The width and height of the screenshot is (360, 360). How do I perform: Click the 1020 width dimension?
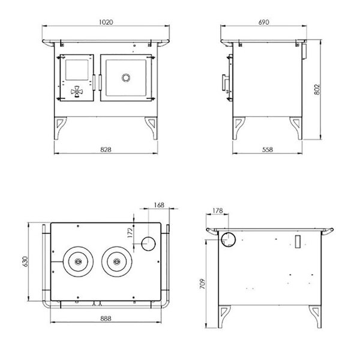[x=106, y=22]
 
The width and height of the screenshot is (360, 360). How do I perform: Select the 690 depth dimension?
[x=263, y=22]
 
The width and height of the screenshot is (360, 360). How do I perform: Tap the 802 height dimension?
[x=317, y=89]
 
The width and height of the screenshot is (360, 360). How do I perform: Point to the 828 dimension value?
[x=106, y=149]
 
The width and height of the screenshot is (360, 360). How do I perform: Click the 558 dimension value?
[x=268, y=149]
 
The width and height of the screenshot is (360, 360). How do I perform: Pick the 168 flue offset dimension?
[x=159, y=205]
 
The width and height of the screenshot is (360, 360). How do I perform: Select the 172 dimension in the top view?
[x=130, y=233]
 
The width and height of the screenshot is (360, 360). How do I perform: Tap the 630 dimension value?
[x=25, y=261]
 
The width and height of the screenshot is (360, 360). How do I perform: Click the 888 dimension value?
[x=106, y=319]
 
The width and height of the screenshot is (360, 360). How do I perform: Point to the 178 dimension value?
[x=218, y=211]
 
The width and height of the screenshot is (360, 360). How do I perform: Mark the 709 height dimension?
[x=202, y=284]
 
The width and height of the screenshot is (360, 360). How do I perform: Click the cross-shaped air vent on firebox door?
[x=77, y=92]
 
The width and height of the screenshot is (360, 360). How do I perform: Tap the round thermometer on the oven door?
[x=126, y=78]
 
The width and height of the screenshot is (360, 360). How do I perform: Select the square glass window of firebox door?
[x=77, y=70]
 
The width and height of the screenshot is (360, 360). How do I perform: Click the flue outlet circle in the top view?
[x=148, y=244]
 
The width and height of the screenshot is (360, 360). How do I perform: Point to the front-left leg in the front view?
[x=59, y=128]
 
